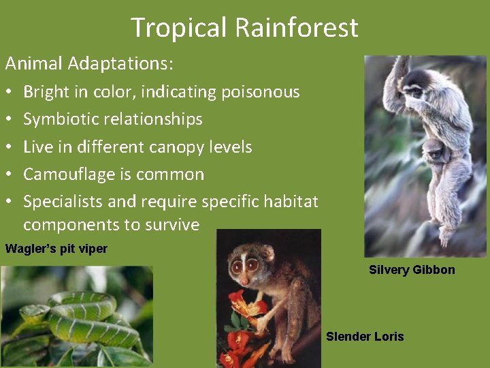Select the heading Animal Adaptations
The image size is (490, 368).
[89, 64]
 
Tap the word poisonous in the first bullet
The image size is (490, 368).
[261, 92]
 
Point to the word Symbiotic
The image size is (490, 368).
[62, 119]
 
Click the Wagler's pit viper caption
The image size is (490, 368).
[56, 249]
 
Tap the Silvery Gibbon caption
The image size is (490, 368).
[412, 270]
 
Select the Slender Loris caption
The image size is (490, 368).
[365, 337]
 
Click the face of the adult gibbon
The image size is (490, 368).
[413, 91]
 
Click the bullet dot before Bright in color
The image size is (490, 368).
[9, 92]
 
